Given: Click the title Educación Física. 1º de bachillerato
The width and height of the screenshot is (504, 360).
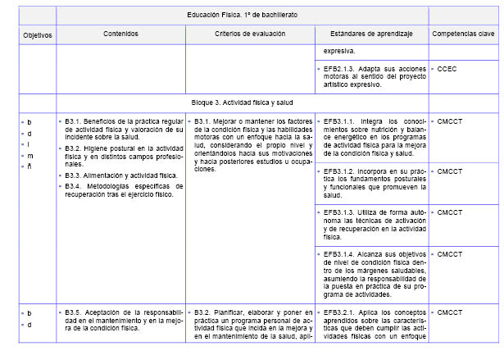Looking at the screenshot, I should point(243,16).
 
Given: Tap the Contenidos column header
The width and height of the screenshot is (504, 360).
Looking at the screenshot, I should point(120,34).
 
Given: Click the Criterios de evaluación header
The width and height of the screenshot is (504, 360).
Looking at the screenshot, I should point(250,34).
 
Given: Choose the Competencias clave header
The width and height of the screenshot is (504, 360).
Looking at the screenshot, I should point(463,34).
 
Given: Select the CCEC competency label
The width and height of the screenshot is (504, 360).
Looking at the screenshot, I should point(449,69).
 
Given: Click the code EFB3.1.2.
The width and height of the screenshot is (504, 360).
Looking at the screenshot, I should point(340,171).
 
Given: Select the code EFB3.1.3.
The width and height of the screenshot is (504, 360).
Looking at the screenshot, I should point(340,212).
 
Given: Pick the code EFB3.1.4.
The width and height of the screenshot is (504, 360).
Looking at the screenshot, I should point(340,254).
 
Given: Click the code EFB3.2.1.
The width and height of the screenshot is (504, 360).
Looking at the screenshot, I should point(340,312).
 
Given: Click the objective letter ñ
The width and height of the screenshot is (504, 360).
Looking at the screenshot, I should point(30,166).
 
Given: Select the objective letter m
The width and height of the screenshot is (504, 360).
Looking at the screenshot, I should point(30,154).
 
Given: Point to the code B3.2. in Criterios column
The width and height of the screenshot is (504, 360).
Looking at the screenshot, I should point(204,312).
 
